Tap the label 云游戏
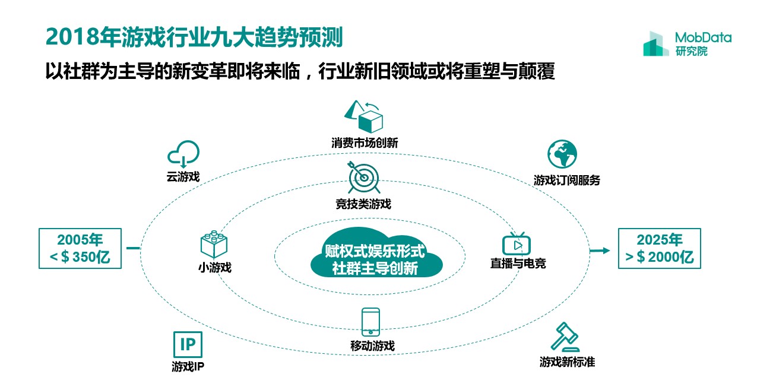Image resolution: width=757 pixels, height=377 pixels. point(183,176)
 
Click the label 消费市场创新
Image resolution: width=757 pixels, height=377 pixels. point(365,143)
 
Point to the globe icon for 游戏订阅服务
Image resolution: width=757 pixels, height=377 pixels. point(562,154)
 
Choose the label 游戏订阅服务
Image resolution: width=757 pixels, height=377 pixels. point(566,180)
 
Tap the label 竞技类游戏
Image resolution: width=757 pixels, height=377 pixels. point(363,204)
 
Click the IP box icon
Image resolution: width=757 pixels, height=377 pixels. point(188,344)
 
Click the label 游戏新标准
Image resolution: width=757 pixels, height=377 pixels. point(567,361)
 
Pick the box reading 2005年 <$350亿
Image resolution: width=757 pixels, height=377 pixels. point(80,249)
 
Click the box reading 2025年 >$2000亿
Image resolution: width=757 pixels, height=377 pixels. point(660,249)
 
